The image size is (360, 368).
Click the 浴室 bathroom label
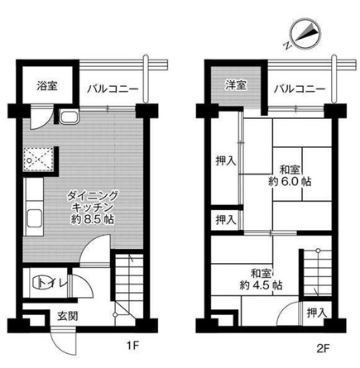[x=46, y=85]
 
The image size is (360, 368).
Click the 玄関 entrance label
[x=68, y=315]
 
